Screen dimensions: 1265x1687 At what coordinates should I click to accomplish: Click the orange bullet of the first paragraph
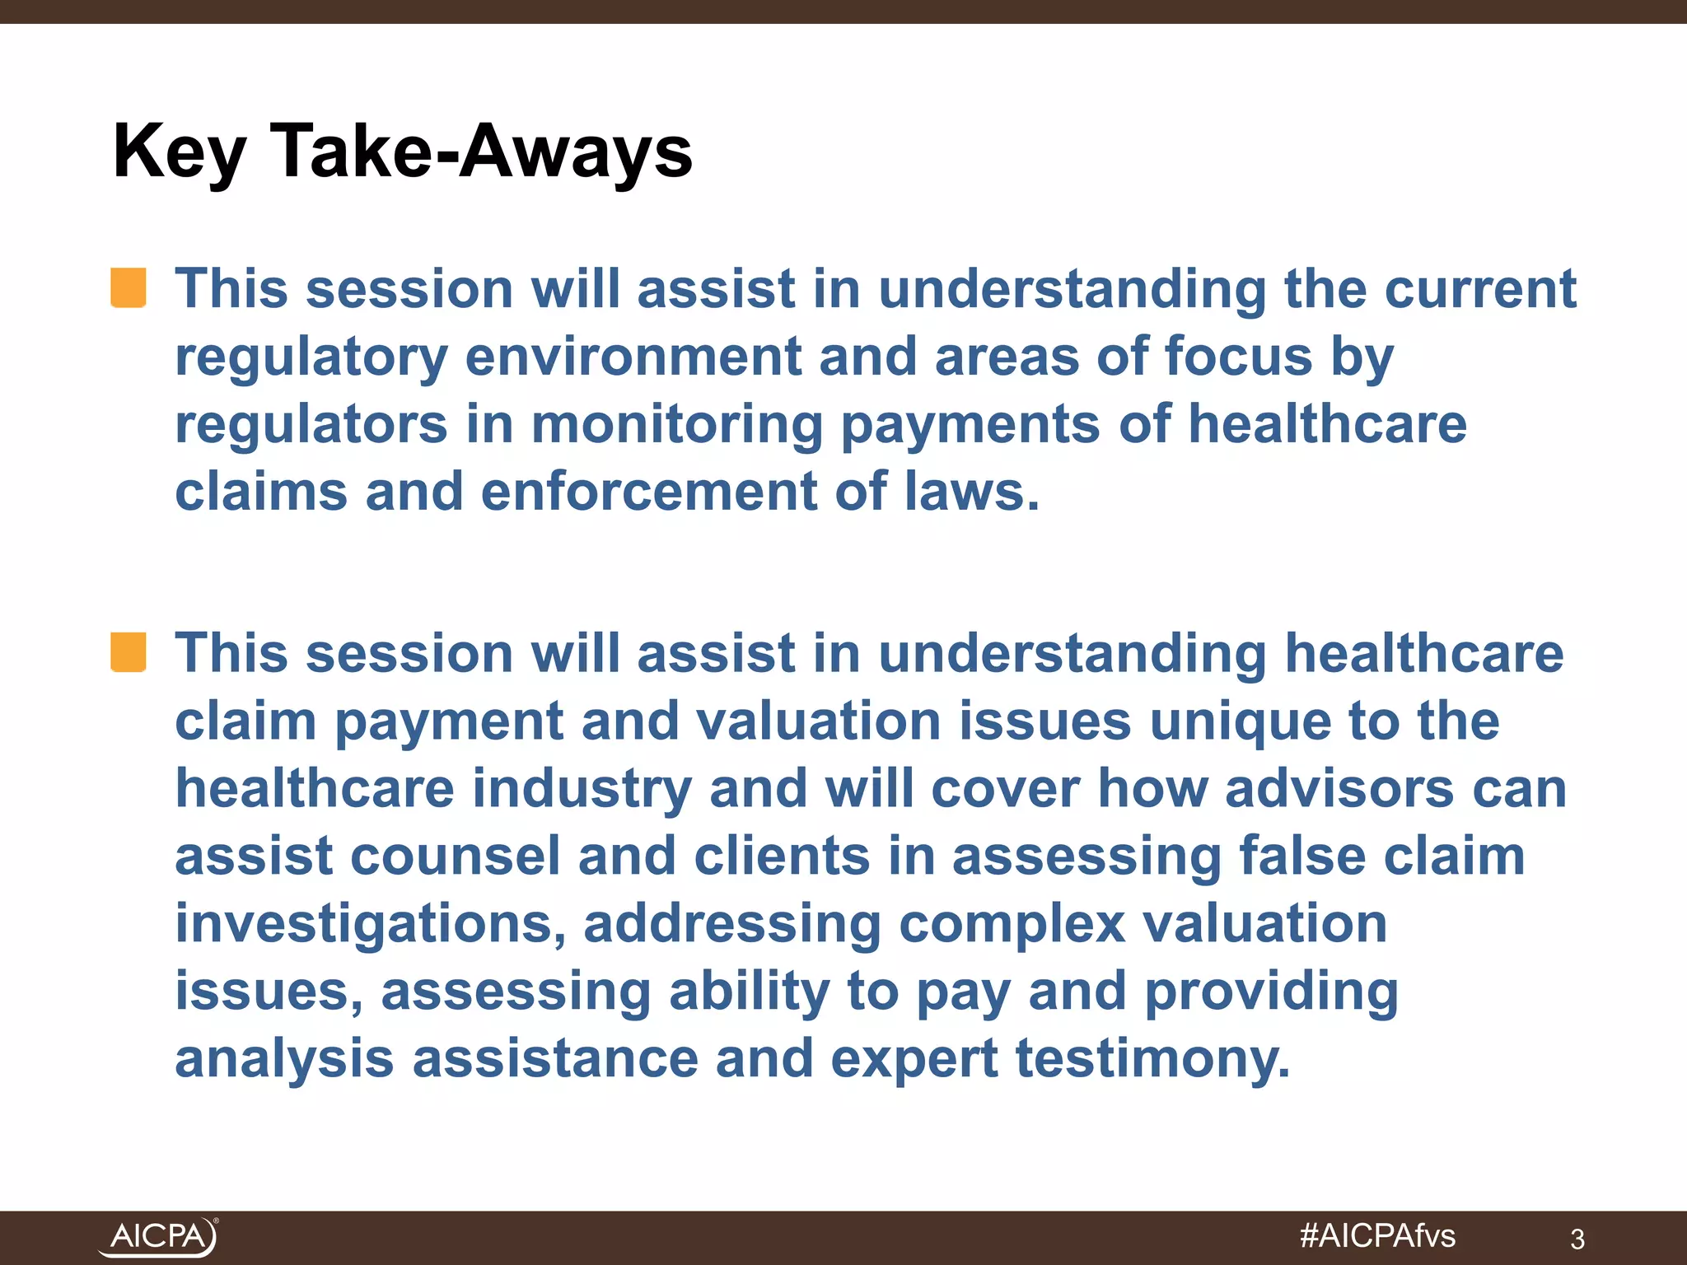click(129, 288)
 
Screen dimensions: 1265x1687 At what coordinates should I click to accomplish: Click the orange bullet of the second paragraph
click(129, 652)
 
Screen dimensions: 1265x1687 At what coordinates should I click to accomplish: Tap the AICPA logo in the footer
click(159, 1236)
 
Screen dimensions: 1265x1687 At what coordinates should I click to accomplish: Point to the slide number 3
click(1577, 1239)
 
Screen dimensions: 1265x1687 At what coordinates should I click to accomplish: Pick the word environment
click(633, 357)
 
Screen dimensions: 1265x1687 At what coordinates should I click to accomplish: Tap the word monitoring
click(676, 425)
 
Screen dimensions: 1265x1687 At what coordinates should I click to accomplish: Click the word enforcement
click(648, 492)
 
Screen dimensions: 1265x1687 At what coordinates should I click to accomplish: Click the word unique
click(1239, 721)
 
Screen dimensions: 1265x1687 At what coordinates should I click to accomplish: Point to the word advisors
click(1339, 789)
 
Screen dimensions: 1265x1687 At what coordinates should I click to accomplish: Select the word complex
click(1012, 924)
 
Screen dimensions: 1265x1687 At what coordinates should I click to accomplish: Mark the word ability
click(749, 992)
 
